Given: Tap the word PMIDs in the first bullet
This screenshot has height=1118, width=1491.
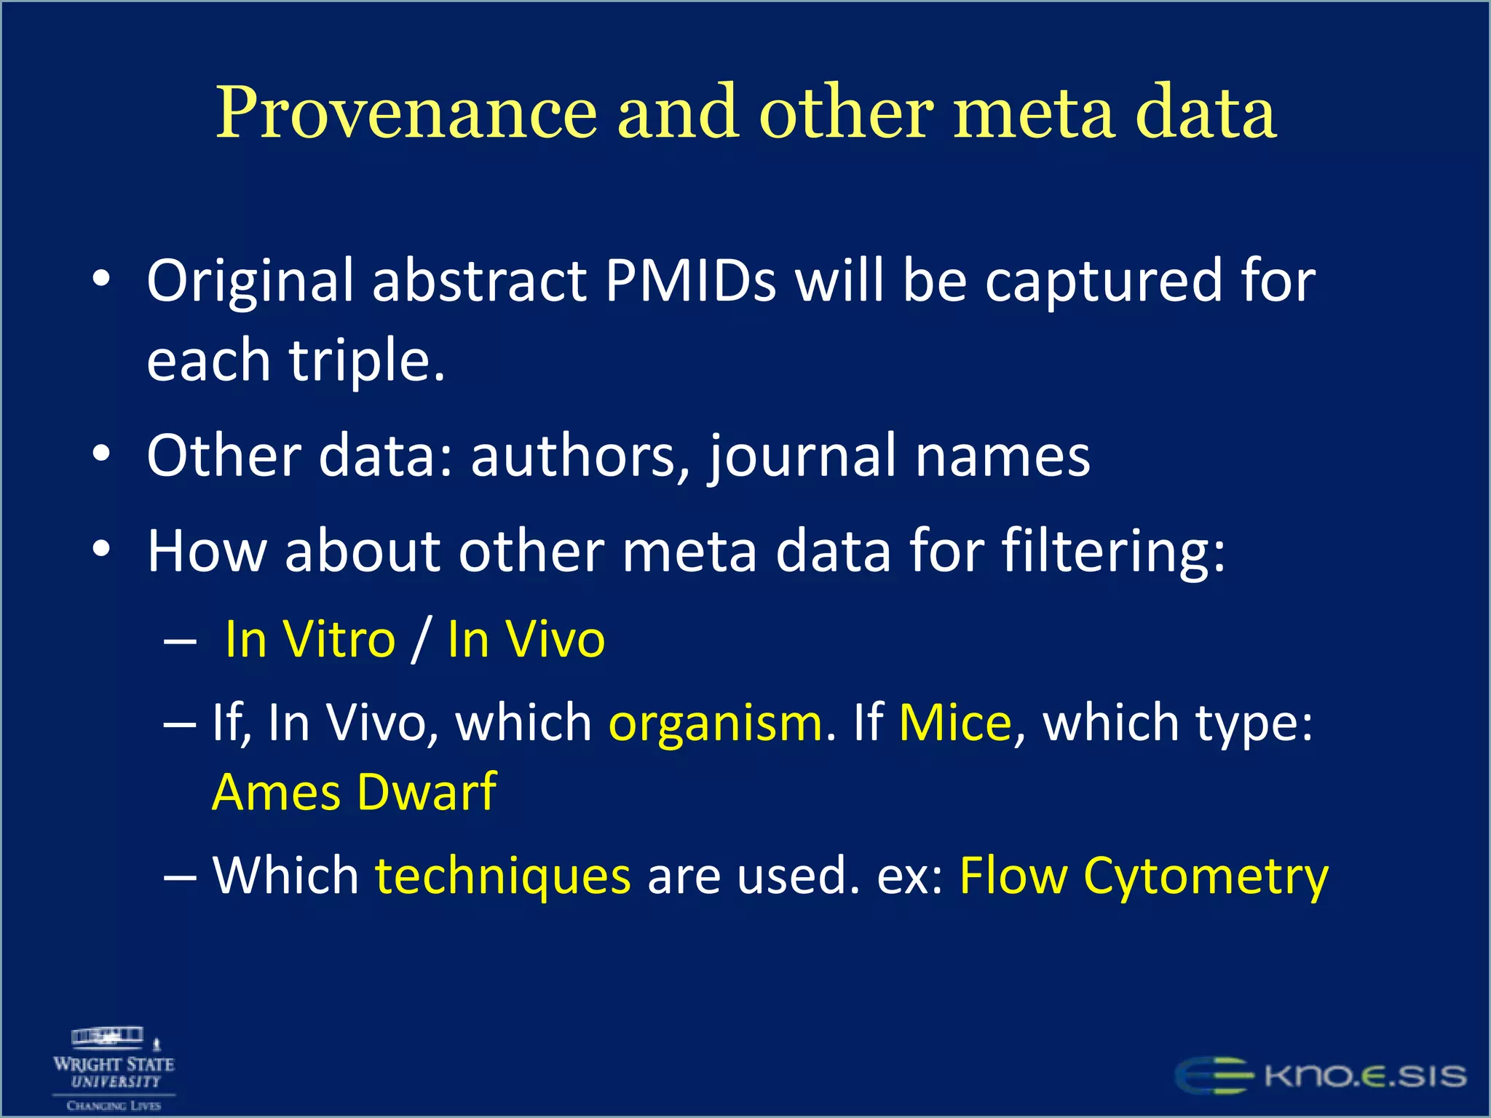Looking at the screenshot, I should (690, 282).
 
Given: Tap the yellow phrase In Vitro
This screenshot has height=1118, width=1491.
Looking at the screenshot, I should (310, 640).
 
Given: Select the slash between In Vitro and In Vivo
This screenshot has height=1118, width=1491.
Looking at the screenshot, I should (421, 640).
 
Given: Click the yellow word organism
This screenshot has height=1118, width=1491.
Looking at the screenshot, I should (716, 723).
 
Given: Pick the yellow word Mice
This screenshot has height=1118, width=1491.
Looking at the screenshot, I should (955, 723).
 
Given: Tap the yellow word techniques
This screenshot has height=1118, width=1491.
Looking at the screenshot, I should (502, 876).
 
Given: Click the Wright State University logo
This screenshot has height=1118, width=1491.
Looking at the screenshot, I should (114, 1069).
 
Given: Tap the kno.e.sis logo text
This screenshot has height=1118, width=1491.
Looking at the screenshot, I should (1365, 1076).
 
